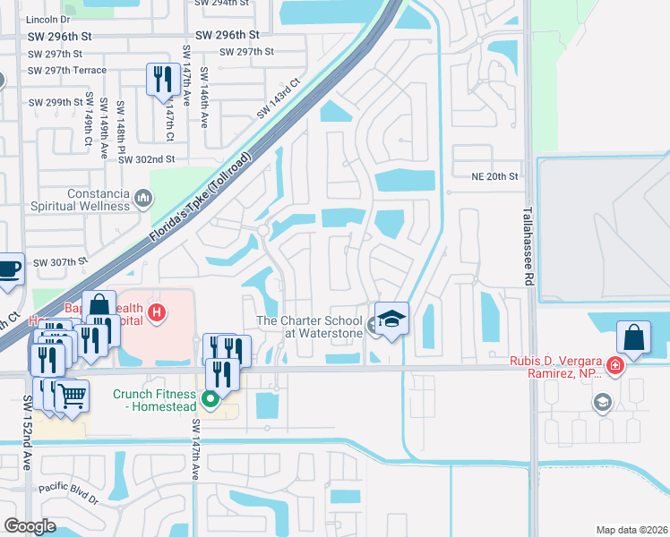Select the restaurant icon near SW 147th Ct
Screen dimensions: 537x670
(x=160, y=79)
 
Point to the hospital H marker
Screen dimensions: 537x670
(x=157, y=312)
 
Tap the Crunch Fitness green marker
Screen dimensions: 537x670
(x=211, y=399)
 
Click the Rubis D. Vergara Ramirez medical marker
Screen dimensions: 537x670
(x=614, y=365)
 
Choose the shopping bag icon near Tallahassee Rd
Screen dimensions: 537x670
(x=633, y=338)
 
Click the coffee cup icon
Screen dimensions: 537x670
(x=8, y=269)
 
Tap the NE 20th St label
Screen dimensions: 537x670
(x=495, y=176)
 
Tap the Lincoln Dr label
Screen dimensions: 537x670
(x=48, y=18)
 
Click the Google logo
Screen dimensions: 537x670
(x=30, y=526)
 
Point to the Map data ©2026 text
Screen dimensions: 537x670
(x=631, y=530)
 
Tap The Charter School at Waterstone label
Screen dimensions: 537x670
(x=310, y=327)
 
